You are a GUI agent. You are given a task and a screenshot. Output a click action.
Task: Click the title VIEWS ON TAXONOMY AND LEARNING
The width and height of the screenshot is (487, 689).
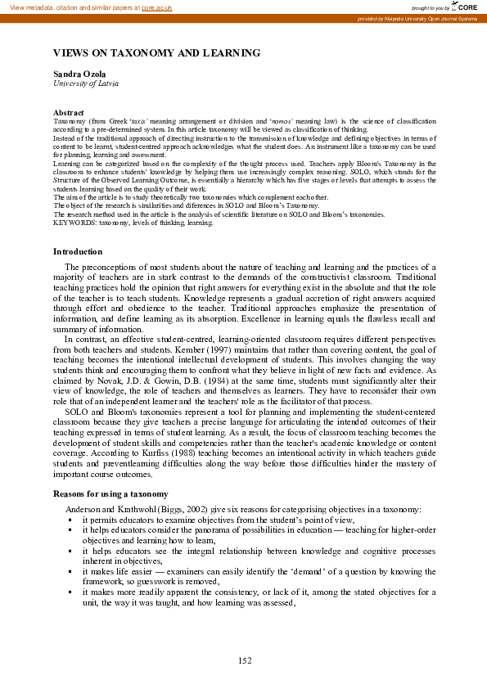[x=156, y=53]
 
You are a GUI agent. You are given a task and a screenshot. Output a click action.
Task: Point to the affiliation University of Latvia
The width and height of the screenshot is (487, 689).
[x=86, y=83]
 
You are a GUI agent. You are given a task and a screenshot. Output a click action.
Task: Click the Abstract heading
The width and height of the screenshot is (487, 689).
[x=69, y=112]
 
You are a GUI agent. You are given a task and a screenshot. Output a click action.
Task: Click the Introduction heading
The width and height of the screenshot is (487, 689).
[x=78, y=251]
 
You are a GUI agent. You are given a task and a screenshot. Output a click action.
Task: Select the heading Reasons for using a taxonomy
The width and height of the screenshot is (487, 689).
[x=111, y=493]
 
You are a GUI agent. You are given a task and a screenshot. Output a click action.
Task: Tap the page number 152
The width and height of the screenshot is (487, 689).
[x=244, y=660]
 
